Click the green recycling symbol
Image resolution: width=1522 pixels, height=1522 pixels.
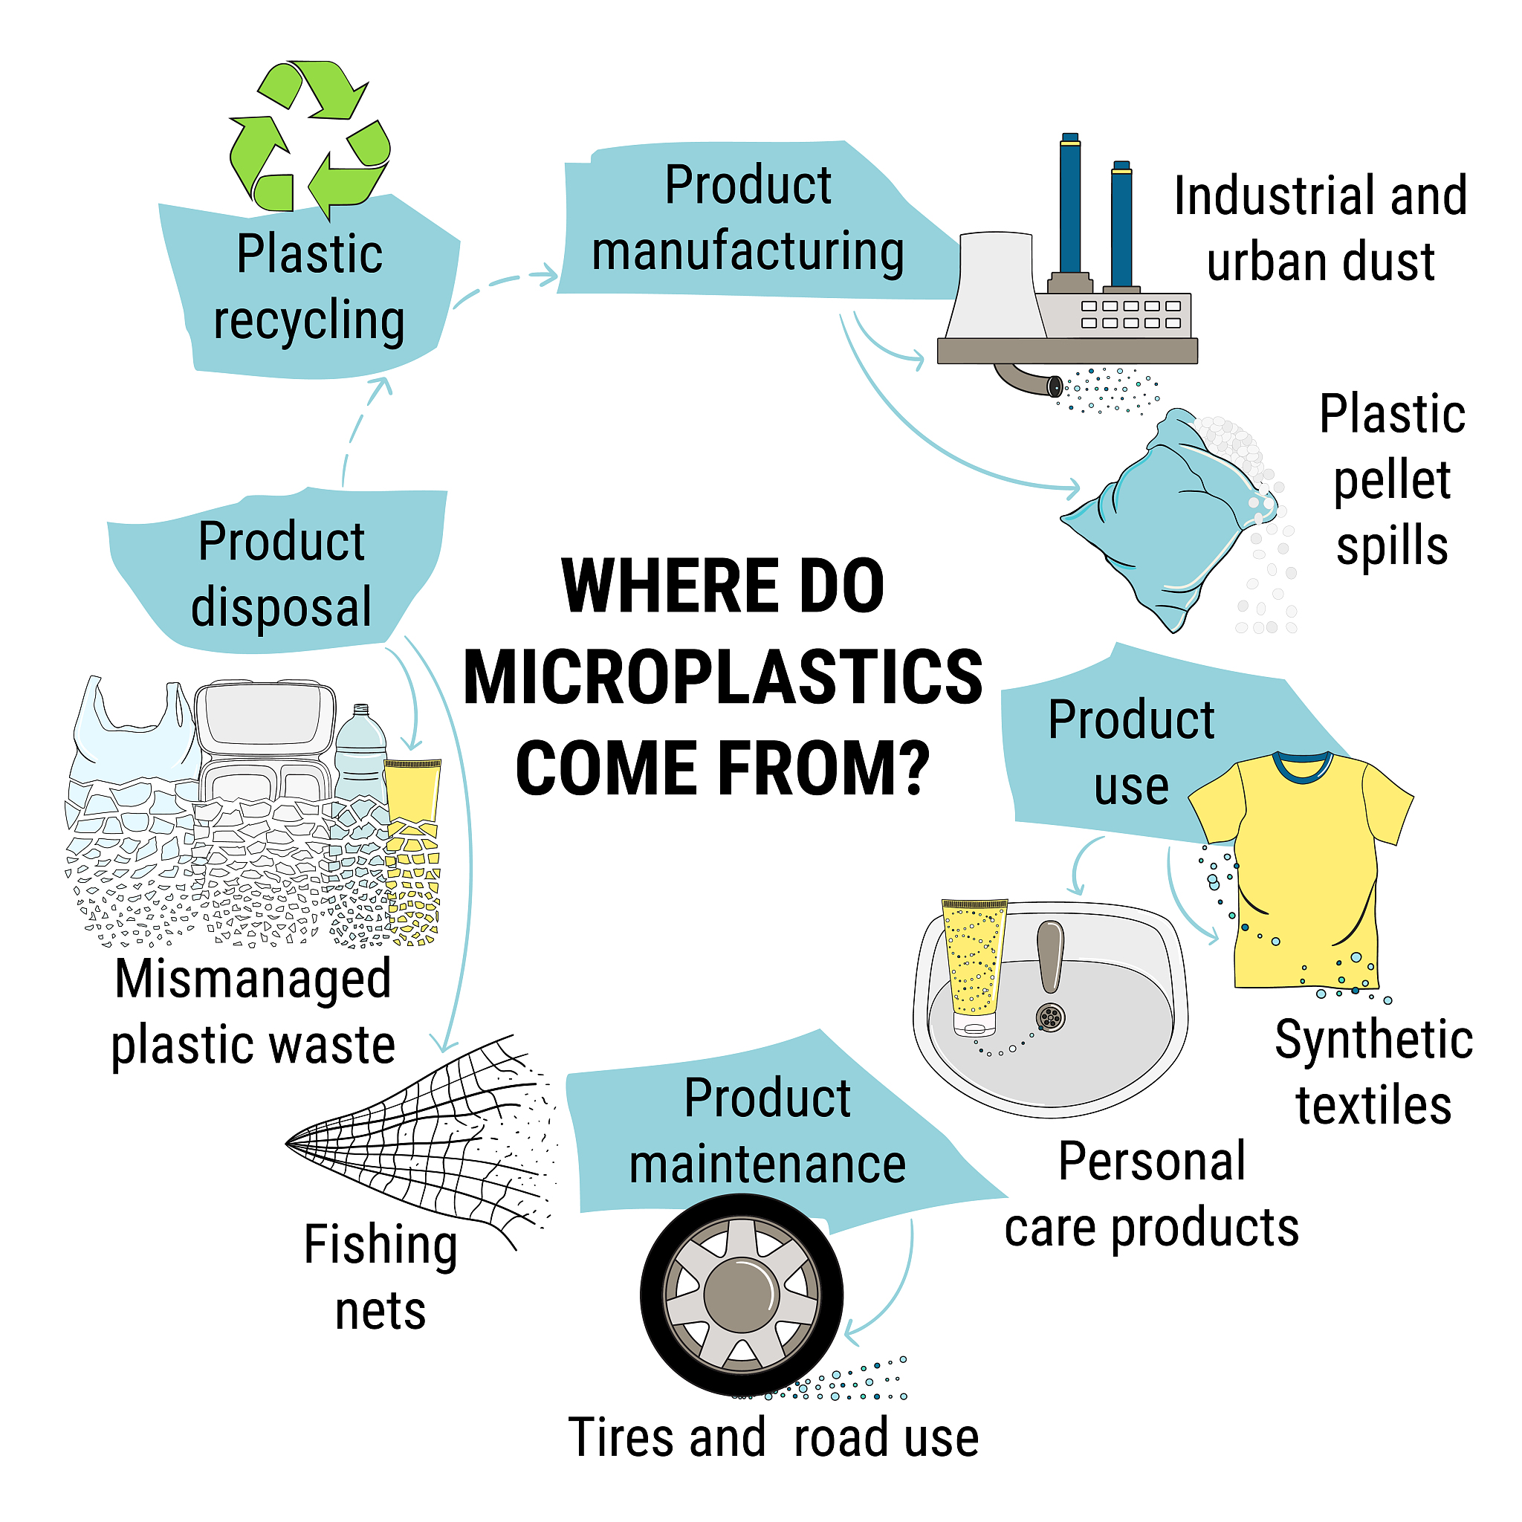[310, 138]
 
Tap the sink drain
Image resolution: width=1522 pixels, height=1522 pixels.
[1050, 1017]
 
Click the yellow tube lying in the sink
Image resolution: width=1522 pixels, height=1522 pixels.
[974, 965]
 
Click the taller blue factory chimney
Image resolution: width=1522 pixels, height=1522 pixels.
[1070, 205]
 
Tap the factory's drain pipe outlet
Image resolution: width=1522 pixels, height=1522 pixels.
[1054, 386]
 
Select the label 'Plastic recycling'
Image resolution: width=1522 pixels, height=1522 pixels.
[310, 288]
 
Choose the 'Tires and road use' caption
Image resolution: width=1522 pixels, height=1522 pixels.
[773, 1438]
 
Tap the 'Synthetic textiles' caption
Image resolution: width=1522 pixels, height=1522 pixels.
[1373, 1072]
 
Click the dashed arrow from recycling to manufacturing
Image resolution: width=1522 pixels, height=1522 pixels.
[504, 285]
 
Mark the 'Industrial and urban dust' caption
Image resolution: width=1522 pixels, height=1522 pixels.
[1321, 228]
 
